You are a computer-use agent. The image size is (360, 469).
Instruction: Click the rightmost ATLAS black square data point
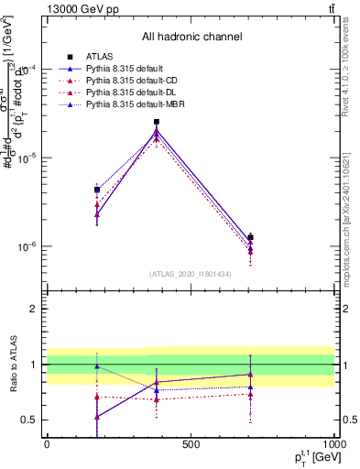pos(250,237)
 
